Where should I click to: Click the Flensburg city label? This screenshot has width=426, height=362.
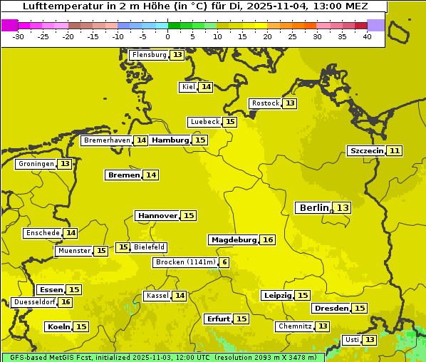click(150, 55)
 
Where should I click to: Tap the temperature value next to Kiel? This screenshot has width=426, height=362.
click(206, 87)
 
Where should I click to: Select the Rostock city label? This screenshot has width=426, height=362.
click(266, 103)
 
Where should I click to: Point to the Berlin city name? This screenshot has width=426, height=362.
click(314, 207)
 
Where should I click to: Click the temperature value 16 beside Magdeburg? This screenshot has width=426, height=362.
click(268, 239)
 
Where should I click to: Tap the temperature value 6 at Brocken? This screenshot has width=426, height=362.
click(224, 262)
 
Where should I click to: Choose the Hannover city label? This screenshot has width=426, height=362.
click(157, 215)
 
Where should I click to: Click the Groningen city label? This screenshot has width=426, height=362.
click(36, 164)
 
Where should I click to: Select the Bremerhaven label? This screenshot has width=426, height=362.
click(107, 140)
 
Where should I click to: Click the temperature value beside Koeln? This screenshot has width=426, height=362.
click(81, 326)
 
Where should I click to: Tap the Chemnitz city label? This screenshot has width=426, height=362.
click(295, 326)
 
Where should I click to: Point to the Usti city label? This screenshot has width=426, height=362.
click(351, 340)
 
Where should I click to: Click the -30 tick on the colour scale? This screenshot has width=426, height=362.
click(19, 36)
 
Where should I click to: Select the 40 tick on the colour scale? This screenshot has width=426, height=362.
click(367, 36)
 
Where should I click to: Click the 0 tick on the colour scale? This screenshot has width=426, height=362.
click(168, 36)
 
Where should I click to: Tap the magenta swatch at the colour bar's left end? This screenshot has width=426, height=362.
click(9, 25)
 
